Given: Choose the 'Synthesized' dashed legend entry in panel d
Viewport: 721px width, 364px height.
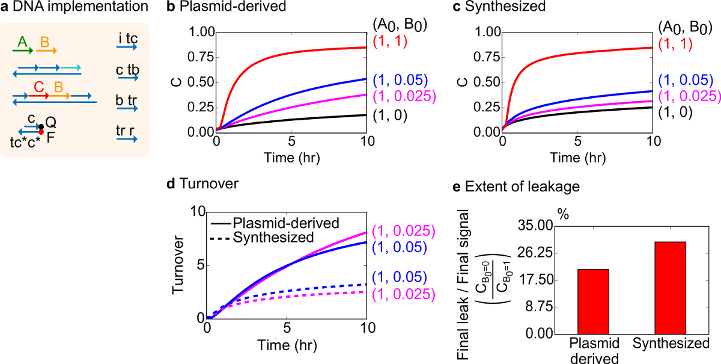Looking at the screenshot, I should (273, 237).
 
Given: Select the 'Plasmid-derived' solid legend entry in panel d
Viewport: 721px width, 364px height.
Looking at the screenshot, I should (285, 223).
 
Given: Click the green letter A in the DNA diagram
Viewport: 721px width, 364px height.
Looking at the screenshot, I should (22, 42).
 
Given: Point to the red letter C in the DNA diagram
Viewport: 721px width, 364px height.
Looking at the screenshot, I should (38, 87).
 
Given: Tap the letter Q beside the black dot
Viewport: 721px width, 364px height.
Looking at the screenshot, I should (52, 122).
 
